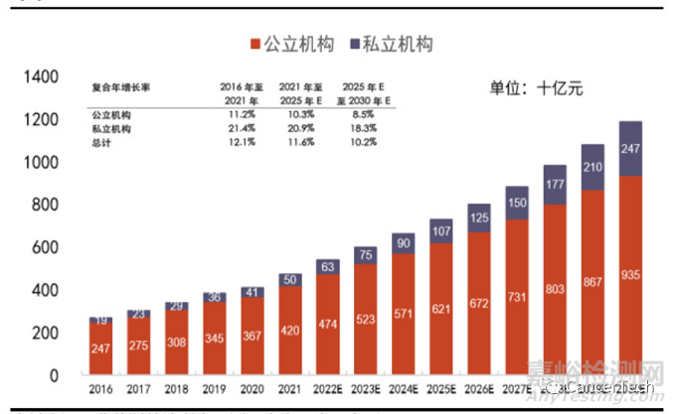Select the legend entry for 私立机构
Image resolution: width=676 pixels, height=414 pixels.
393,45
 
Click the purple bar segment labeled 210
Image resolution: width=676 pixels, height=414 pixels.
593,167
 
